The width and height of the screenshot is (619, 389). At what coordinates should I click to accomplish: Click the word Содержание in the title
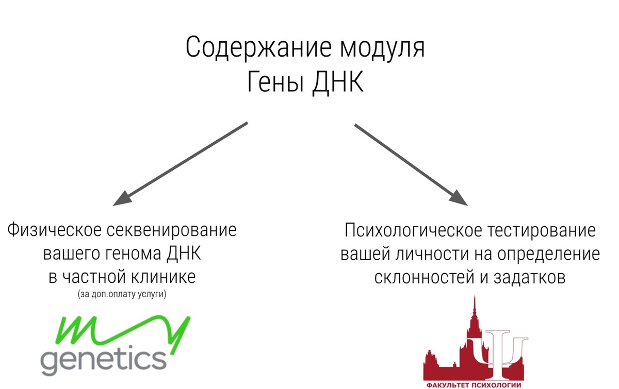(258, 47)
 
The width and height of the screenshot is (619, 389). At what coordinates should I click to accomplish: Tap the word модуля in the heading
(382, 48)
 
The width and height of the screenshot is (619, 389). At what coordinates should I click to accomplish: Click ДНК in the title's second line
(338, 83)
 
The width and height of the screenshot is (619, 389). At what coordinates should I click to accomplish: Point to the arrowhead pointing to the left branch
(122, 199)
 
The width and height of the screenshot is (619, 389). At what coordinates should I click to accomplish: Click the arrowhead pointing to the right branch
(459, 198)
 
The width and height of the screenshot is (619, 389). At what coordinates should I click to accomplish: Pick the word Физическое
(54, 230)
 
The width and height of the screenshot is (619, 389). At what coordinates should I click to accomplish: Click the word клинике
(164, 277)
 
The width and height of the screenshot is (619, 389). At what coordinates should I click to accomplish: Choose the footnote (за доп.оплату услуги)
(122, 294)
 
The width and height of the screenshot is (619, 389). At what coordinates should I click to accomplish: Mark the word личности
(432, 255)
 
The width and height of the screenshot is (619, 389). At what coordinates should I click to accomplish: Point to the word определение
(549, 255)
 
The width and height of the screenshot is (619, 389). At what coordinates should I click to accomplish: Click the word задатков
(529, 277)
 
